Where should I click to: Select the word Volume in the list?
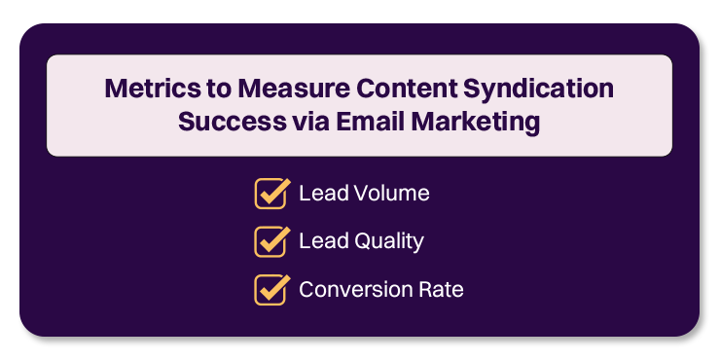(392, 194)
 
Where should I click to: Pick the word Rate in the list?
(442, 290)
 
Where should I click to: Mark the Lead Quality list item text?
(361, 241)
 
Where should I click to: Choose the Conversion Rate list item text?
(381, 290)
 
